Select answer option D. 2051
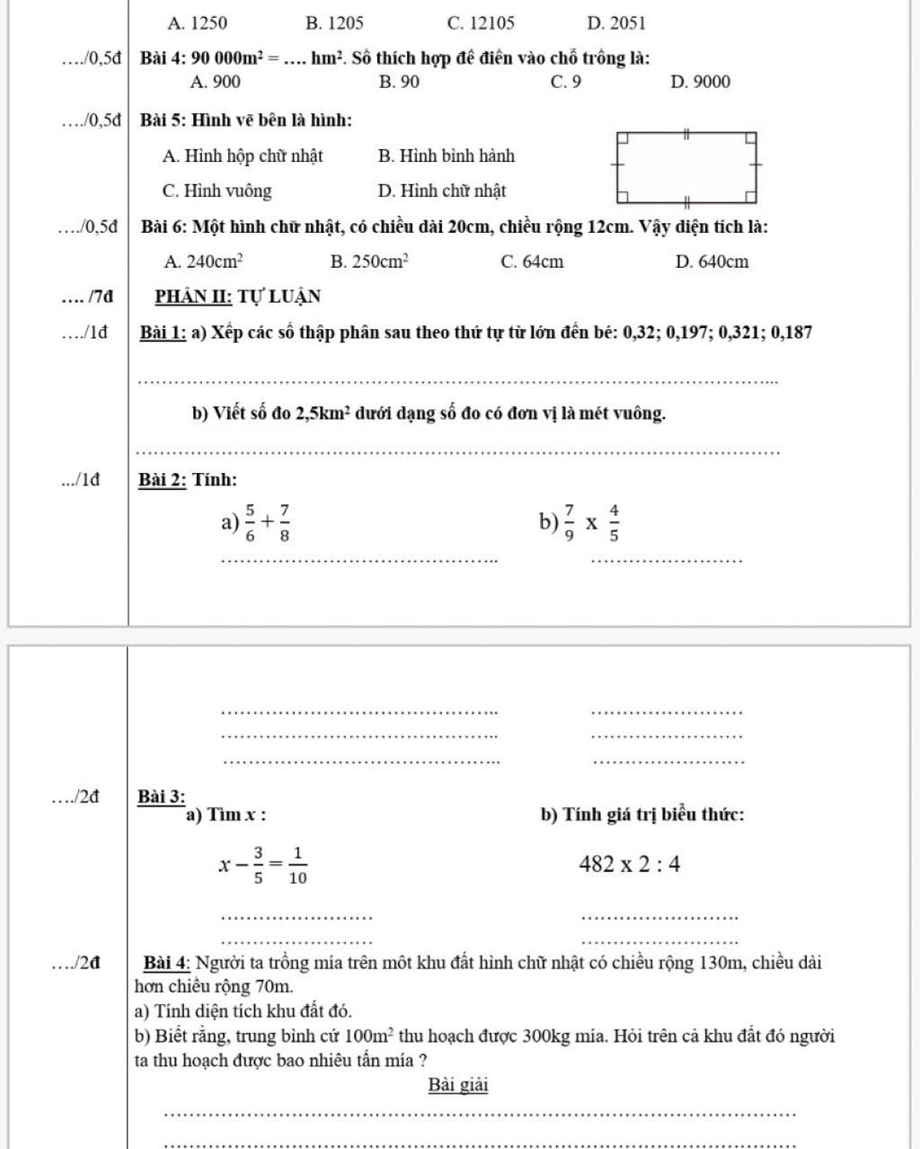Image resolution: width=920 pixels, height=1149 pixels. pos(615,23)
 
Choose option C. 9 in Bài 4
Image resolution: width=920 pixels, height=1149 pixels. pos(566,82)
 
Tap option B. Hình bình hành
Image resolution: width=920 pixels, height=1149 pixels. pos(447,156)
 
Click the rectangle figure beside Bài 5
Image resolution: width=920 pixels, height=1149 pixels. pos(687,167)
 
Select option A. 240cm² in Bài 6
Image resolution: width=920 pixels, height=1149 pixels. pos(203,262)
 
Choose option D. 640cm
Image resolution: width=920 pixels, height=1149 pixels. pos(712,262)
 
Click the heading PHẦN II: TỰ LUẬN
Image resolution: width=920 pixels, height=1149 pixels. pos(238,297)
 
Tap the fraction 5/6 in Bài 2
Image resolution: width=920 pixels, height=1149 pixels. pos(250,523)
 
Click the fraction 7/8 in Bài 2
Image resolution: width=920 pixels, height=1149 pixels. pos(284,523)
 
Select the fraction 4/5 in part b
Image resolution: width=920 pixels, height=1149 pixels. pos(614,523)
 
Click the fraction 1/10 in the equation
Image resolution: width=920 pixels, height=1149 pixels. pos(297,865)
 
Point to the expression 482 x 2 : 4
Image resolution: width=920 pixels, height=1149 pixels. pos(630,865)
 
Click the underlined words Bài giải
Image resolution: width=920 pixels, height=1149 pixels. pos(458,1085)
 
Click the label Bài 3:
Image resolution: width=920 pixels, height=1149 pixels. pos(162,797)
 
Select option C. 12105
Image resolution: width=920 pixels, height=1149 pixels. pos(481,23)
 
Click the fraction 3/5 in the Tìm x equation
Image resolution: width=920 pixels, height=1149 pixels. pos(259,865)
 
